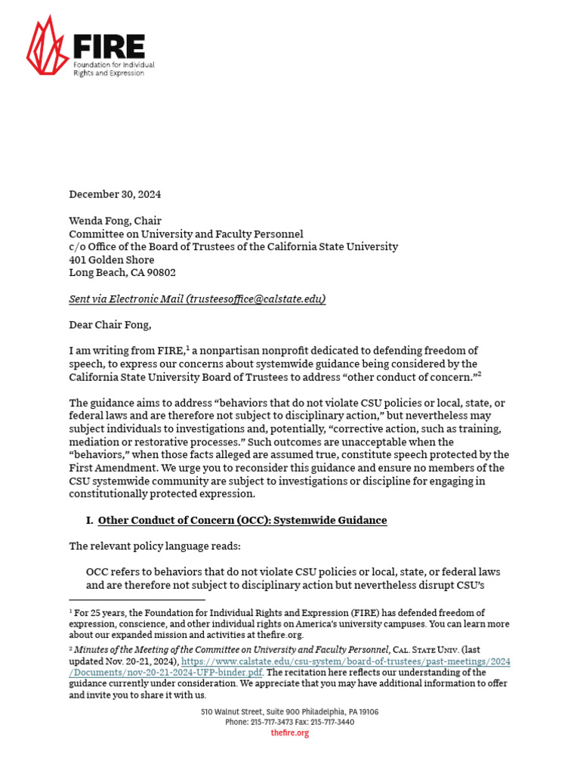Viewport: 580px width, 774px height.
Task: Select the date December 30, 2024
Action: coord(115,194)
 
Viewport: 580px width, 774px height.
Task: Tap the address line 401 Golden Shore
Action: coord(112,260)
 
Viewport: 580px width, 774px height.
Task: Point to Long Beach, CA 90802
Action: coord(122,273)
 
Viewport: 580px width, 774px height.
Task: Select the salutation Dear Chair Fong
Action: coord(110,325)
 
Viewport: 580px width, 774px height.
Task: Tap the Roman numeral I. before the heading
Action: coord(90,520)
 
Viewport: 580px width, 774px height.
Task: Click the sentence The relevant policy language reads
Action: coord(155,546)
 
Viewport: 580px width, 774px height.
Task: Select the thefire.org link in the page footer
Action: coord(290,733)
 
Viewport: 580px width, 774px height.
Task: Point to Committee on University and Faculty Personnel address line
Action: coord(186,234)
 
